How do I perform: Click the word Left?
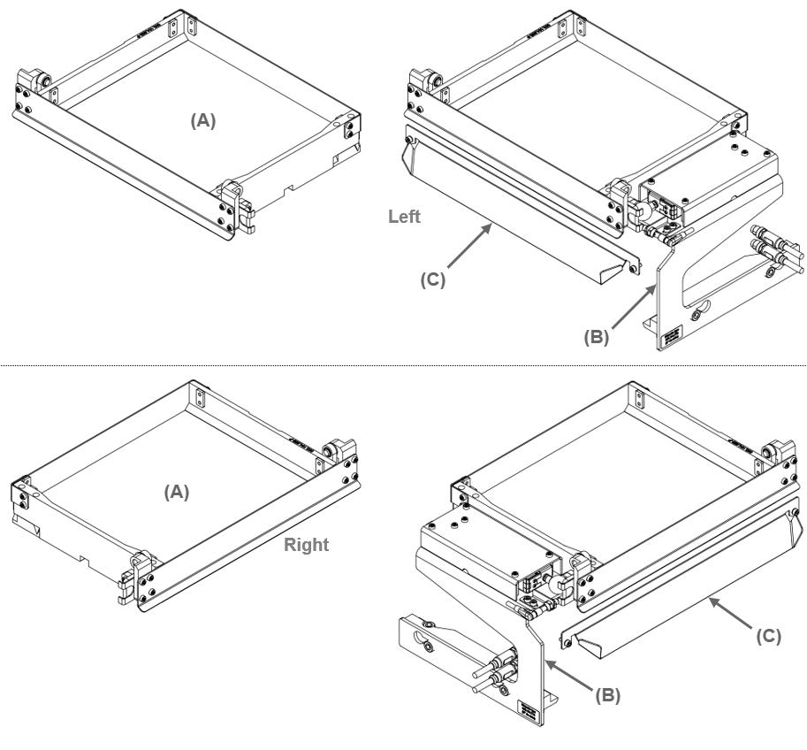pyautogui.click(x=405, y=217)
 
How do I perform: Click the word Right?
pyautogui.click(x=306, y=545)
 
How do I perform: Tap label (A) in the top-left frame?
pyautogui.click(x=203, y=122)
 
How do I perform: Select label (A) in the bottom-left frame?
pyautogui.click(x=178, y=492)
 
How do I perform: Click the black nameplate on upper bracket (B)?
pyautogui.click(x=672, y=335)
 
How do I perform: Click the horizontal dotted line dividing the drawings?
pyautogui.click(x=403, y=364)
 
